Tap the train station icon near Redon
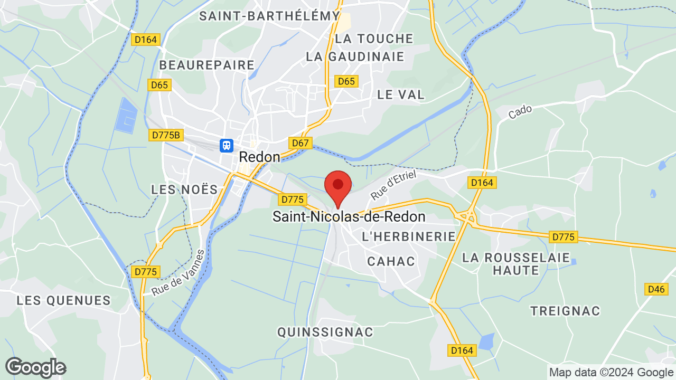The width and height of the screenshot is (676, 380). pyautogui.click(x=227, y=145)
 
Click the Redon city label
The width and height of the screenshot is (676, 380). pyautogui.click(x=259, y=157)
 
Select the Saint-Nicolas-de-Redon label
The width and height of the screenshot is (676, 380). pyautogui.click(x=349, y=216)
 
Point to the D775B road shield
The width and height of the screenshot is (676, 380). pyautogui.click(x=166, y=135)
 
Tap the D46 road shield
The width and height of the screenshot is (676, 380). pyautogui.click(x=656, y=289)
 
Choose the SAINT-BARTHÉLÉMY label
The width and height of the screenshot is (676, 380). pyautogui.click(x=269, y=16)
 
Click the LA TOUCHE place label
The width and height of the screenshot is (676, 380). pyautogui.click(x=374, y=39)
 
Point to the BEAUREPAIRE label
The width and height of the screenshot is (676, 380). pyautogui.click(x=207, y=65)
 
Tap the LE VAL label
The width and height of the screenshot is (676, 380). pyautogui.click(x=401, y=94)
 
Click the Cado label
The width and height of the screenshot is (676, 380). pyautogui.click(x=520, y=111)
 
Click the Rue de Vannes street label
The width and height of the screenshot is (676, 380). pyautogui.click(x=178, y=272)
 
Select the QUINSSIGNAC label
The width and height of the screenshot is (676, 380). pyautogui.click(x=325, y=332)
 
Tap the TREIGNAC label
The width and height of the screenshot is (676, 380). pyautogui.click(x=566, y=311)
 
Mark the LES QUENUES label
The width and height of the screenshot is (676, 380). pyautogui.click(x=63, y=300)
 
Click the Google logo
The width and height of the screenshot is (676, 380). pyautogui.click(x=35, y=367)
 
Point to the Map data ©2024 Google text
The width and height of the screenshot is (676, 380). pyautogui.click(x=611, y=372)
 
